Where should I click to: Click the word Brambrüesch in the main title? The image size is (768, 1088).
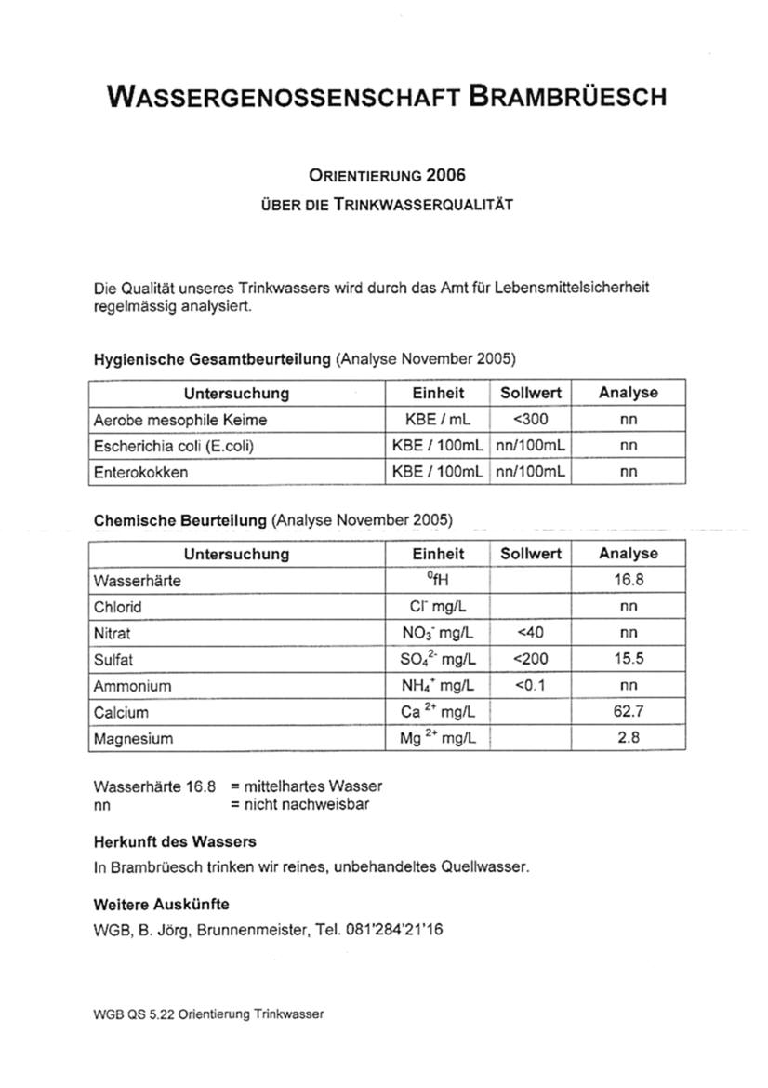pyautogui.click(x=567, y=96)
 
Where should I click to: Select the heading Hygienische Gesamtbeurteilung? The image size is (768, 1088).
pyautogui.click(x=213, y=358)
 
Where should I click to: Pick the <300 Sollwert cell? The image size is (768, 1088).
pyautogui.click(x=530, y=420)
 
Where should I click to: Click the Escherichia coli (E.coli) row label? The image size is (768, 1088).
pyautogui.click(x=174, y=446)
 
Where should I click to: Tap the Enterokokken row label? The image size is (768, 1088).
pyautogui.click(x=140, y=472)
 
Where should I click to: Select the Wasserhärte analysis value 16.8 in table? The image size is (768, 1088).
pyautogui.click(x=629, y=580)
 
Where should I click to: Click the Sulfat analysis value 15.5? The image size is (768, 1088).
pyautogui.click(x=629, y=659)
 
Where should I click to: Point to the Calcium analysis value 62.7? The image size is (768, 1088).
pyautogui.click(x=629, y=712)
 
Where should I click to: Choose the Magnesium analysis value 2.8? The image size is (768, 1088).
pyautogui.click(x=629, y=738)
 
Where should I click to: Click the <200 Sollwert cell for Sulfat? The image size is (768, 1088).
pyautogui.click(x=530, y=659)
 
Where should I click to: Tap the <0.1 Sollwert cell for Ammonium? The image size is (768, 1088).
pyautogui.click(x=530, y=686)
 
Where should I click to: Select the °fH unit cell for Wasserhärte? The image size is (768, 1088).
pyautogui.click(x=438, y=580)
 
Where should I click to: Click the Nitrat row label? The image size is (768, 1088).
pyautogui.click(x=112, y=633)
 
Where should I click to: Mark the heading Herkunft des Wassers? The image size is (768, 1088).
pyautogui.click(x=175, y=841)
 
